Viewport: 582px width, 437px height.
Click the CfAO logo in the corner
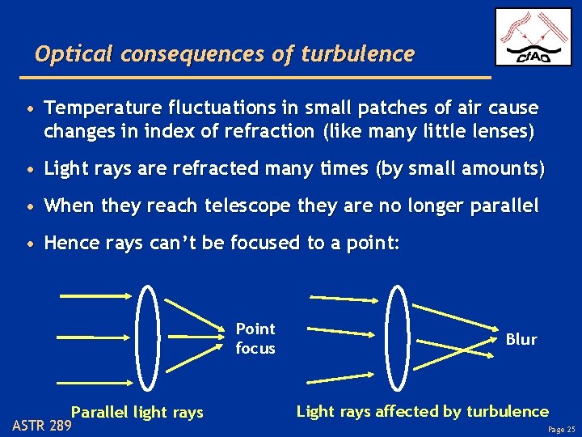533,37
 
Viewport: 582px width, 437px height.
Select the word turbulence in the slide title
357,54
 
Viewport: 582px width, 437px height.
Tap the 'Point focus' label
255,338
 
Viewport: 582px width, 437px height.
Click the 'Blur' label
521,339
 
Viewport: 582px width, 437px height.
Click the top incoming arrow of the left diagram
92,295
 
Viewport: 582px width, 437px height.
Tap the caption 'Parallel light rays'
137,412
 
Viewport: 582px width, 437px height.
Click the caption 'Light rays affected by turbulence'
422,411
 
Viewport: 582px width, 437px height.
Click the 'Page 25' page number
562,429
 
